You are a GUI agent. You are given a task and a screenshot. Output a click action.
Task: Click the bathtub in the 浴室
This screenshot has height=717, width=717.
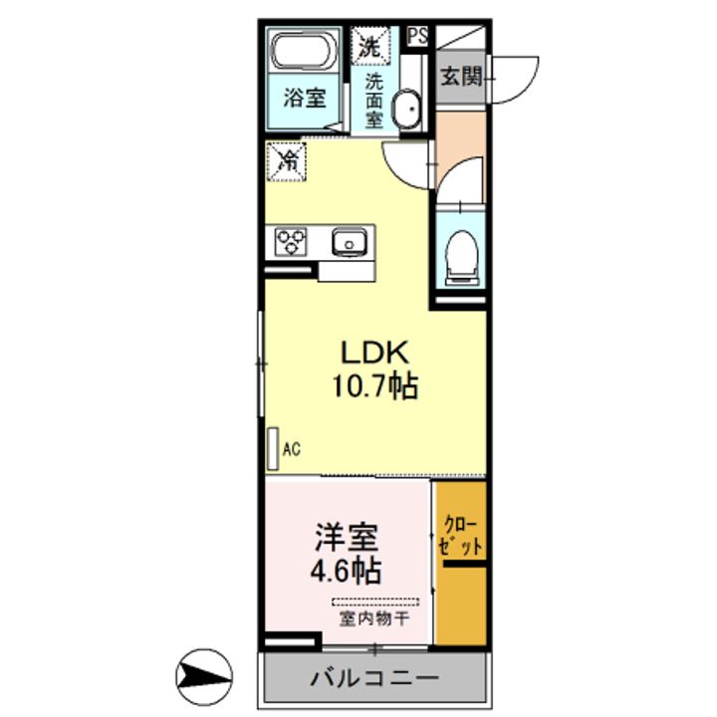[304, 51]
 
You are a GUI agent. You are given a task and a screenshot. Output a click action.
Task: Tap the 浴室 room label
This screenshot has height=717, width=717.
[305, 98]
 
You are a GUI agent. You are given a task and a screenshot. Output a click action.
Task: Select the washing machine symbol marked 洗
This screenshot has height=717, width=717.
[370, 46]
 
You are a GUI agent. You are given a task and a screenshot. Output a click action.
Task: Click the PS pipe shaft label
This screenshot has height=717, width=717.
[417, 36]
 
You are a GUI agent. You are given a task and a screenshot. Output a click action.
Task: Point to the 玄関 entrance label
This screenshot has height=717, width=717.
[461, 77]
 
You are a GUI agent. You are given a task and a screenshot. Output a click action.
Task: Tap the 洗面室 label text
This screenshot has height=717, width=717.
[373, 101]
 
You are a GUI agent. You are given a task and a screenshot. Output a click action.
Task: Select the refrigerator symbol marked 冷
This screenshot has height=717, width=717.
[286, 161]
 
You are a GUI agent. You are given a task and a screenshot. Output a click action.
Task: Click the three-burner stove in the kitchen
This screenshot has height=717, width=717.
[291, 242]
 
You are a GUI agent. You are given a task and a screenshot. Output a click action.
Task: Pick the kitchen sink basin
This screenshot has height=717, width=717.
[350, 241]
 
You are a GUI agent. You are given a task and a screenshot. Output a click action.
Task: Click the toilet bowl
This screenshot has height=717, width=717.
[461, 257]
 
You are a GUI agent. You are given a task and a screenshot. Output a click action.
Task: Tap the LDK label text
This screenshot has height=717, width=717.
[374, 353]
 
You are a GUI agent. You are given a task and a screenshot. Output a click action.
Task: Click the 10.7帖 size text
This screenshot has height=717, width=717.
[375, 386]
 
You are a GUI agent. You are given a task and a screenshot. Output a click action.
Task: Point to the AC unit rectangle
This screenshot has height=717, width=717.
[273, 448]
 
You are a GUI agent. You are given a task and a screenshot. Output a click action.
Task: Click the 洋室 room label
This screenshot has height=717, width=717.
[347, 537]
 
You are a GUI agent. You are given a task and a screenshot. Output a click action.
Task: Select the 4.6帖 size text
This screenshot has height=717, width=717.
[347, 571]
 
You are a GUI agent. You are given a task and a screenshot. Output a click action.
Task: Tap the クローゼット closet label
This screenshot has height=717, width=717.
[460, 536]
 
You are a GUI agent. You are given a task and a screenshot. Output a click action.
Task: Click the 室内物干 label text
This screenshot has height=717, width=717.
[374, 618]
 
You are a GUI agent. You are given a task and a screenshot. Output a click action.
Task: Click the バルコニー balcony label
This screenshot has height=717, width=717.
[374, 678]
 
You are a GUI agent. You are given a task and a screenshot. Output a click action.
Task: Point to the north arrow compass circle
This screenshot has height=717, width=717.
[204, 677]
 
